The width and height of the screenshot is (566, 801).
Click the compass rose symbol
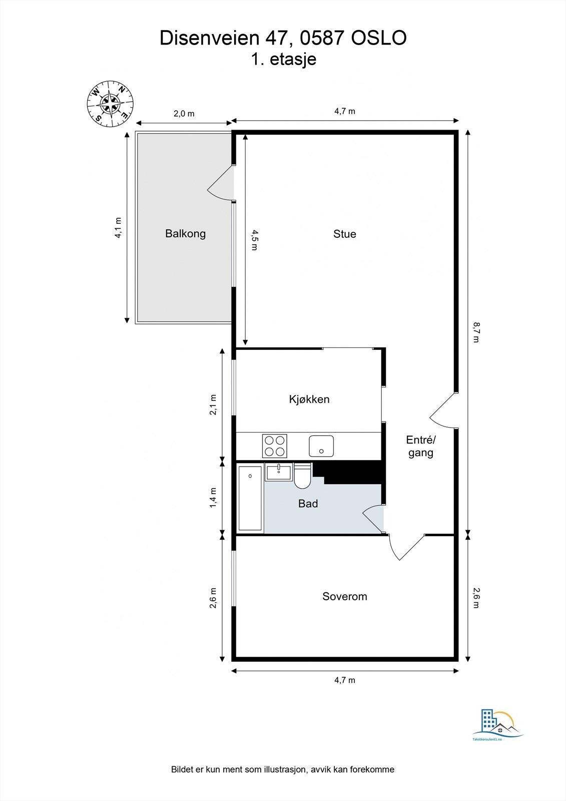tap(111, 104)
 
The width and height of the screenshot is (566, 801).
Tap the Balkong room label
tap(185, 234)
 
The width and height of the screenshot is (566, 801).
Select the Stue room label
tap(345, 234)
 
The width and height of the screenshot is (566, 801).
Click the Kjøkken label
tap(309, 399)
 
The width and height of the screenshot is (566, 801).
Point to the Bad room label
tap(308, 504)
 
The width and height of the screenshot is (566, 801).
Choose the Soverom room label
tap(345, 596)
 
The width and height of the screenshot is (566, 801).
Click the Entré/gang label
tap(421, 446)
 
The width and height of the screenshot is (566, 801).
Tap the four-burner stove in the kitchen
tap(275, 446)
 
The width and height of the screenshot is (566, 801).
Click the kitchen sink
tap(321, 446)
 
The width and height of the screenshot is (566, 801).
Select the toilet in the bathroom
tap(302, 476)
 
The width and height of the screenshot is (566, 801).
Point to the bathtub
tap(250, 498)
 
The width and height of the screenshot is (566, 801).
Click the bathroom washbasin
tap(279, 472)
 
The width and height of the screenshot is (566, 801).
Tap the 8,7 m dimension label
tap(476, 332)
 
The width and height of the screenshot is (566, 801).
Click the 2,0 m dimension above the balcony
tap(184, 114)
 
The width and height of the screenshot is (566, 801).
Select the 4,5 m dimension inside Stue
tap(254, 240)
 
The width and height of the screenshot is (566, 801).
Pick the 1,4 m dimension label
tap(213, 498)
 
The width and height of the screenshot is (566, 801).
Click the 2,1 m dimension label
tap(213, 405)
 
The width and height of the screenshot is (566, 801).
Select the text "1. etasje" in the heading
tap(284, 59)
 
